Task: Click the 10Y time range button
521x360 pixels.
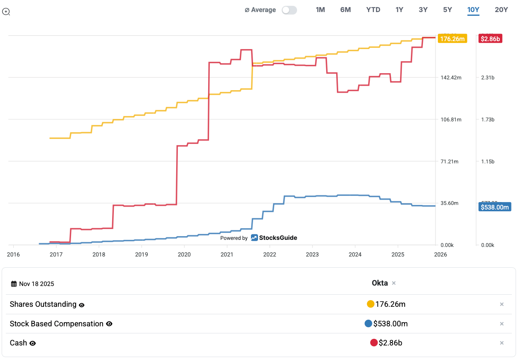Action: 473,10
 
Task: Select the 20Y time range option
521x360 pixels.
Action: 501,10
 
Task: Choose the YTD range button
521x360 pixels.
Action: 373,10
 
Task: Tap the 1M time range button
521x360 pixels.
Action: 320,10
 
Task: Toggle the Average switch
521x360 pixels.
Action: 289,10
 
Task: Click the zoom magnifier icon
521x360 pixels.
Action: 6,12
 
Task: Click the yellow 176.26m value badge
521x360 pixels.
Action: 452,39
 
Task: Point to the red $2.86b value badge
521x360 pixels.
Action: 490,39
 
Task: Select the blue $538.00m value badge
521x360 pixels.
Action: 494,207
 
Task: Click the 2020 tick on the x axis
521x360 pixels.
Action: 184,254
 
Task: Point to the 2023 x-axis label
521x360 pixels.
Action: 312,254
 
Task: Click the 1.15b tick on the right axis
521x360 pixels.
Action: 487,161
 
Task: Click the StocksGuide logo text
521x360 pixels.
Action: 278,238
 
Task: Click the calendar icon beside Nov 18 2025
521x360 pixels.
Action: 14,284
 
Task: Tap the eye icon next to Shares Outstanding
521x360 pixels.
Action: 82,305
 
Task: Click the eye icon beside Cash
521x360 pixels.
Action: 33,343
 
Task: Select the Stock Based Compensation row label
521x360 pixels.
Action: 57,324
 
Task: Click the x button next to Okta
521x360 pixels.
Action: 394,283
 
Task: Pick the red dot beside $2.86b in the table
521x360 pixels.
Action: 374,343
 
